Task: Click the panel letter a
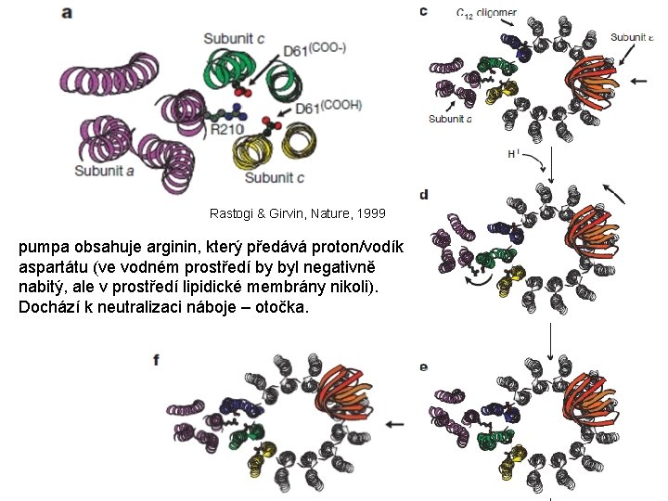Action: (68, 12)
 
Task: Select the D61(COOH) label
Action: (328, 108)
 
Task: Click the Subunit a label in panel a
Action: (104, 170)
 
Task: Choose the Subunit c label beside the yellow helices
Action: (276, 176)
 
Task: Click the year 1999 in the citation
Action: (368, 214)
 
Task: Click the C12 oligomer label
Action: (487, 12)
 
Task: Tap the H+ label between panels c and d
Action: (513, 154)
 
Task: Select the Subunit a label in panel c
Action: (450, 118)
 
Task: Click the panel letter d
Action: (424, 194)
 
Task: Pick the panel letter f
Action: (156, 359)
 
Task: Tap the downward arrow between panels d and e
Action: (551, 344)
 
